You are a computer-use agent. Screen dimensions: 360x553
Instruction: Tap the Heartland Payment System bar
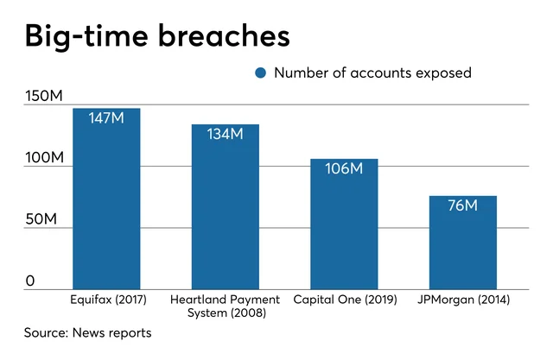click(x=225, y=207)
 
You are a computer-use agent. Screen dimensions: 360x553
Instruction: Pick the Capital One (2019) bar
click(x=344, y=224)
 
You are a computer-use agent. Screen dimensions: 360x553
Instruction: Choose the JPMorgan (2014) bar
click(x=463, y=242)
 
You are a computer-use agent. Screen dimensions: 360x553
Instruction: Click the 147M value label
click(x=106, y=117)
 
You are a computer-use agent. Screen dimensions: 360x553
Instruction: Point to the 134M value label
click(x=225, y=134)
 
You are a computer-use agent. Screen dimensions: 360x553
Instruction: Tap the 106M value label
click(x=344, y=168)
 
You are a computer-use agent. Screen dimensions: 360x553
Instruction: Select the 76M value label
click(x=463, y=205)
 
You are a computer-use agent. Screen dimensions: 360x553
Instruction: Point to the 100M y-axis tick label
click(x=43, y=158)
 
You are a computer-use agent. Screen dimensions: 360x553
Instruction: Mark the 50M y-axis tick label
click(x=40, y=219)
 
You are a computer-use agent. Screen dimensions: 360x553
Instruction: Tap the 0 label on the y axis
click(x=29, y=281)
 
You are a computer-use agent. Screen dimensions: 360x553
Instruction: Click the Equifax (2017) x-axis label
click(x=106, y=300)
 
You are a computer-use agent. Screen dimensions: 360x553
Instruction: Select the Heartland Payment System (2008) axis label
click(x=225, y=306)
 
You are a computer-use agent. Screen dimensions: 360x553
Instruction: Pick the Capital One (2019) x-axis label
click(x=344, y=300)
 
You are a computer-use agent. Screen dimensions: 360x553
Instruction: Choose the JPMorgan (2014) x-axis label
click(x=463, y=300)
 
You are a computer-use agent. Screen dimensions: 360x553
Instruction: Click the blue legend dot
click(x=261, y=73)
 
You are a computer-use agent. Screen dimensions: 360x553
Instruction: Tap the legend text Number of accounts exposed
click(x=372, y=73)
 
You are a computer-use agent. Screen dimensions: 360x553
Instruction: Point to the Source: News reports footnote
click(x=87, y=332)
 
